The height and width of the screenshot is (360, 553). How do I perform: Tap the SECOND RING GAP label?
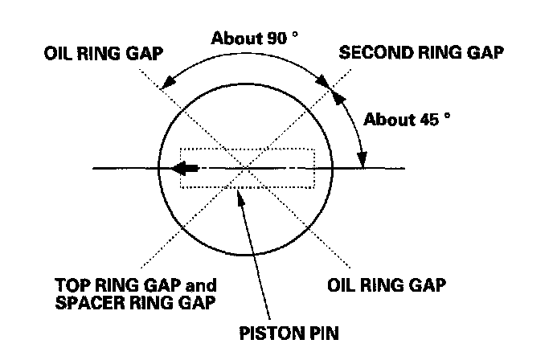(x=422, y=54)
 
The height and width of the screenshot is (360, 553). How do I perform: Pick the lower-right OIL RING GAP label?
(x=387, y=285)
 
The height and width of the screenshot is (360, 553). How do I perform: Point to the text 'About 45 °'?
(x=407, y=120)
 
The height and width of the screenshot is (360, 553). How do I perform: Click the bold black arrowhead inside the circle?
(x=186, y=169)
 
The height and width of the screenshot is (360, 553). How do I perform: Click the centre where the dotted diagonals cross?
(x=246, y=168)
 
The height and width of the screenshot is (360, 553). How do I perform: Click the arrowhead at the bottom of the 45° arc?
(x=363, y=162)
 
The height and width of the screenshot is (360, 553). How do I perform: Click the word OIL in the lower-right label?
(x=342, y=285)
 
